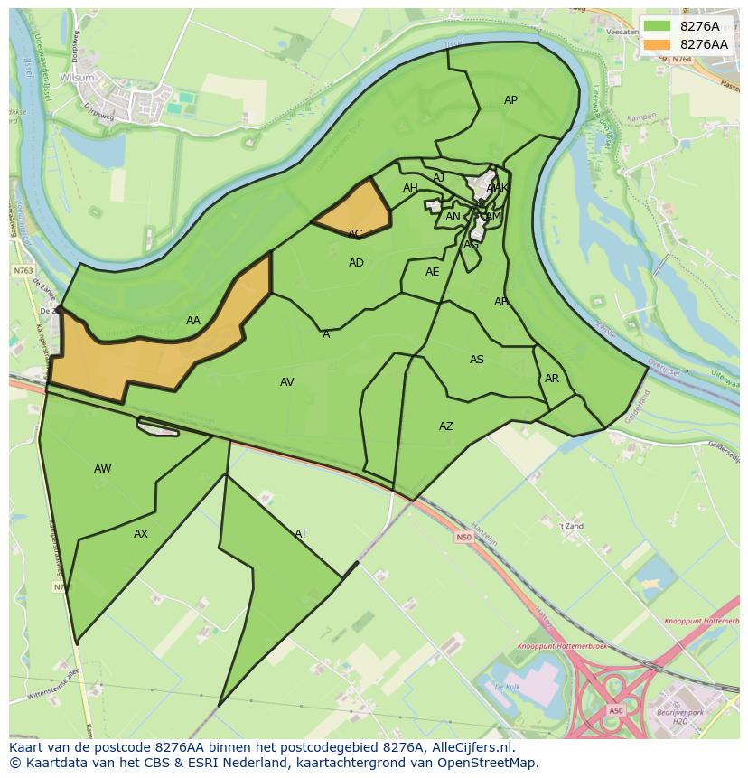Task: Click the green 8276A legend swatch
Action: (657, 26)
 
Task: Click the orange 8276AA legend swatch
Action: (657, 44)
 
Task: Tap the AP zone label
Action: (510, 100)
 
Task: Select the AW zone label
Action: (103, 469)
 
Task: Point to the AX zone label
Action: (141, 534)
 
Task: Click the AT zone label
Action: (301, 534)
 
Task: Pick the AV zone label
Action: (287, 382)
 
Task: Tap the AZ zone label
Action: (446, 426)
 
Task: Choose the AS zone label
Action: (477, 360)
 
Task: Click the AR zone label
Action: (552, 379)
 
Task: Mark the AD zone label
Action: (356, 263)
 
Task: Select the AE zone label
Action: (433, 272)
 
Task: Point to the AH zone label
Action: (410, 188)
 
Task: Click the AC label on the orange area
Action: (355, 234)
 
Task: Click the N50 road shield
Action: (463, 538)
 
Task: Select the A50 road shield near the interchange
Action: (615, 711)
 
